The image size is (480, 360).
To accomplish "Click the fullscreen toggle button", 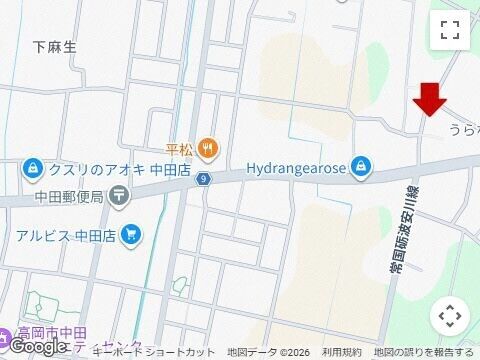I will [450, 30].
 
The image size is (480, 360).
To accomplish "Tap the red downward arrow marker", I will [431, 100].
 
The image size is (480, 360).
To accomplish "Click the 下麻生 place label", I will [54, 47].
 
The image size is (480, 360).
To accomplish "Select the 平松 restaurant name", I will [179, 149].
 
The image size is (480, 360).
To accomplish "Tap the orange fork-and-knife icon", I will [207, 148].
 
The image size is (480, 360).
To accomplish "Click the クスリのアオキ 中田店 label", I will [99, 169].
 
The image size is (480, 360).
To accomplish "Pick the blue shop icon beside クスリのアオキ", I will [32, 168].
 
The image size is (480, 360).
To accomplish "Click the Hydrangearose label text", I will [295, 167].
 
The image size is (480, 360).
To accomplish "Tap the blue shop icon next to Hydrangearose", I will [362, 167].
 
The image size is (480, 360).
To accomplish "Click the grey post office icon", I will [120, 196].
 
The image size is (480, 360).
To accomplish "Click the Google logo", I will [37, 346].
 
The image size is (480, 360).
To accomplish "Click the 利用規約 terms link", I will [341, 353].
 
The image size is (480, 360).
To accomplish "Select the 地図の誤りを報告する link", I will [424, 353].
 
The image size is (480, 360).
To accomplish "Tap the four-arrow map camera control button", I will [450, 316].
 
